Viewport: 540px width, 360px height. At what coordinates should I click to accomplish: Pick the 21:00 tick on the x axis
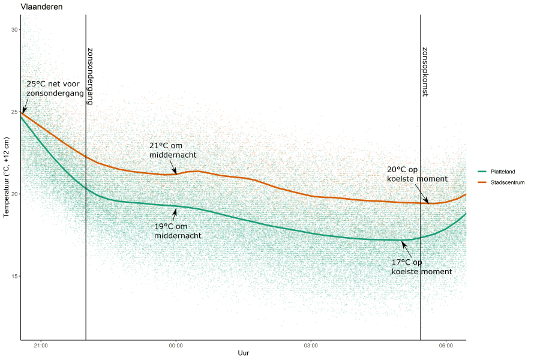pyautogui.click(x=41, y=345)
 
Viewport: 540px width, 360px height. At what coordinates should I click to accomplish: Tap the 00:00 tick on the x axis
pyautogui.click(x=176, y=345)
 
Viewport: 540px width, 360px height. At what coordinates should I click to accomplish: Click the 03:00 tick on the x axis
pyautogui.click(x=311, y=345)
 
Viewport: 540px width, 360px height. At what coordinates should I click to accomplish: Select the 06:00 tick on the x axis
pyautogui.click(x=446, y=345)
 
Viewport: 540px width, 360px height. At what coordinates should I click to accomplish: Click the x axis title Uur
pyautogui.click(x=243, y=353)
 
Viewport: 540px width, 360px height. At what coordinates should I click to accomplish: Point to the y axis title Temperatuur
pyautogui.click(x=7, y=177)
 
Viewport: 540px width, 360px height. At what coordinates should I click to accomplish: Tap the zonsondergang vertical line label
pyautogui.click(x=90, y=76)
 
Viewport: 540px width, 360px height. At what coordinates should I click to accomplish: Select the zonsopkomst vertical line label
pyautogui.click(x=425, y=72)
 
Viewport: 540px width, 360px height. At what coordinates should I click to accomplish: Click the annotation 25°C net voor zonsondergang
pyautogui.click(x=55, y=89)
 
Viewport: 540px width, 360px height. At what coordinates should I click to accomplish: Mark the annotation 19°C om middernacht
pyautogui.click(x=178, y=231)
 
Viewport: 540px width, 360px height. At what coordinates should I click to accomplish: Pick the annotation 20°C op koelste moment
pyautogui.click(x=417, y=174)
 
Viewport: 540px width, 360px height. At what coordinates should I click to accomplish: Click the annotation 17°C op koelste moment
pyautogui.click(x=421, y=267)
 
